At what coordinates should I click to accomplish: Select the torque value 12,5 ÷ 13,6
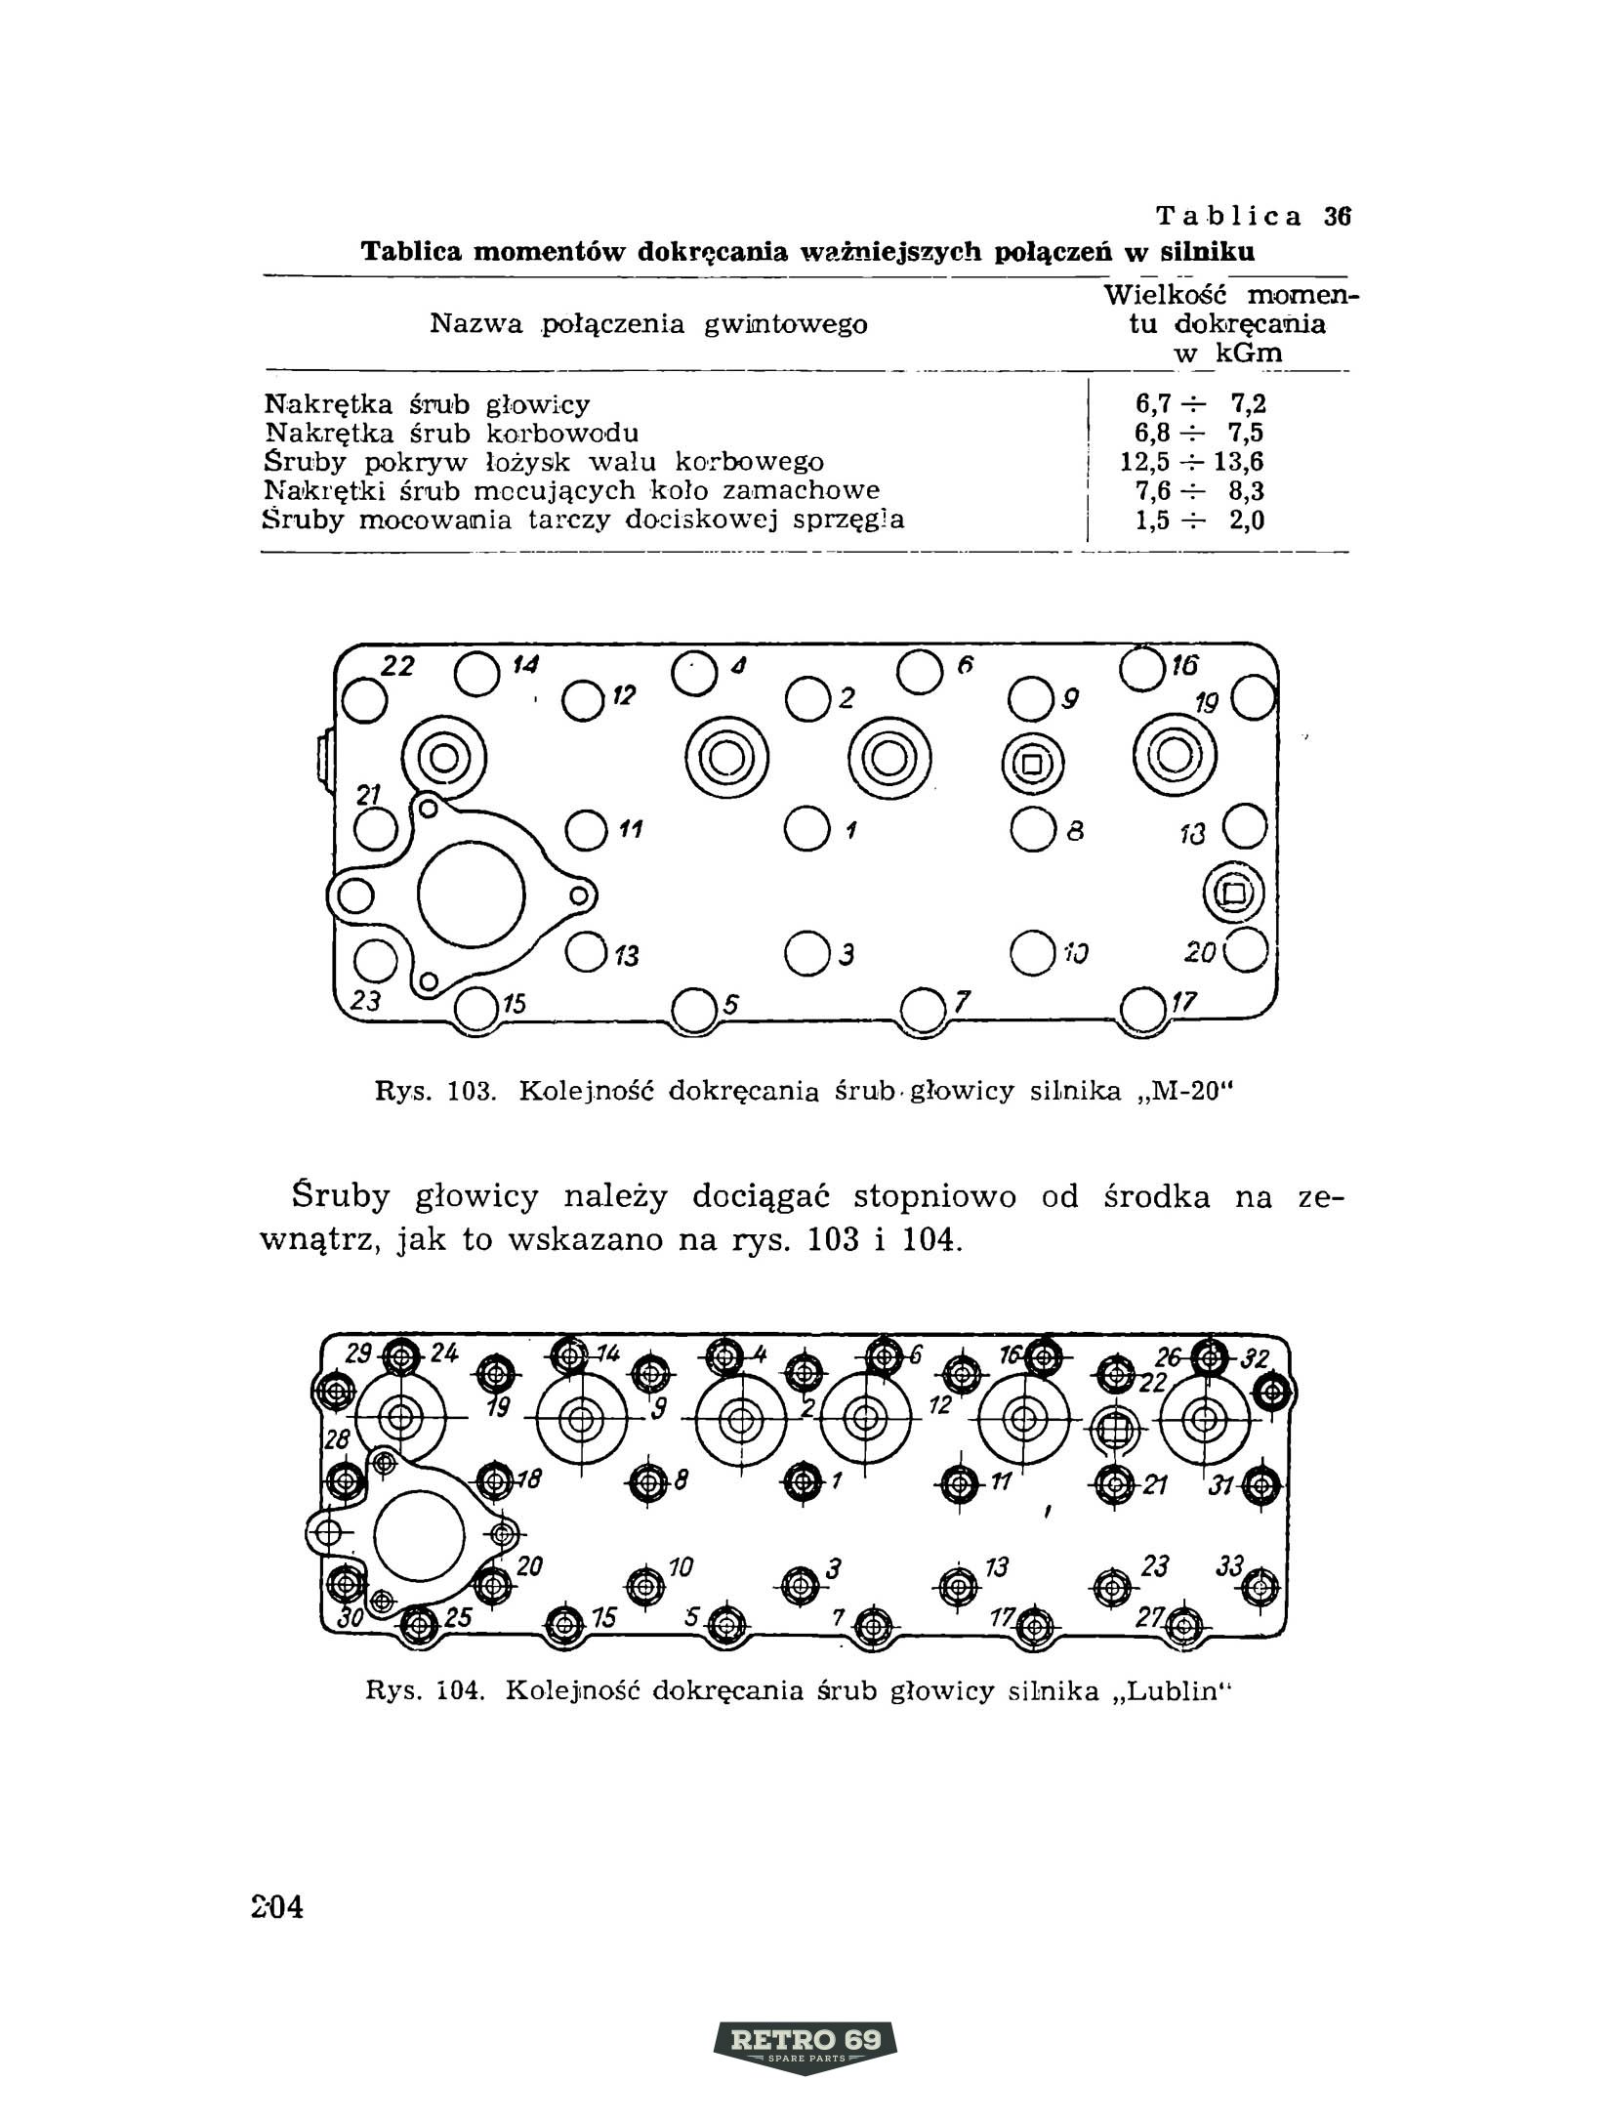click(1192, 462)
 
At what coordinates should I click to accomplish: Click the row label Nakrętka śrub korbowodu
click(452, 433)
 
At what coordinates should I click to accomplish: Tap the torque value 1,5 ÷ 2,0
click(1200, 520)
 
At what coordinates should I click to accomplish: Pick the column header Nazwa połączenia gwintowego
click(648, 324)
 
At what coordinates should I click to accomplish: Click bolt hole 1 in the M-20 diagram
click(805, 828)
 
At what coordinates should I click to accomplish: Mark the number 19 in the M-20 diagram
click(1207, 704)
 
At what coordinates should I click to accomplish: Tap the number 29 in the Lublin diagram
click(359, 1354)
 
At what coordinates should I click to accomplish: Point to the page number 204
click(277, 1905)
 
